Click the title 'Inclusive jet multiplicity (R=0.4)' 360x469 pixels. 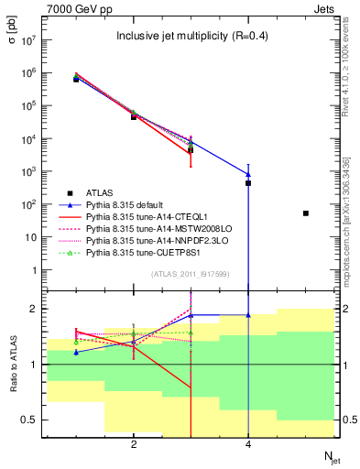point(191,37)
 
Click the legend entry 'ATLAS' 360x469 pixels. point(100,192)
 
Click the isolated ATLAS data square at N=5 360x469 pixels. point(306,213)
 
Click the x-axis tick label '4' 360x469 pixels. point(248,446)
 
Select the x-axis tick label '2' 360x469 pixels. point(134,446)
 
